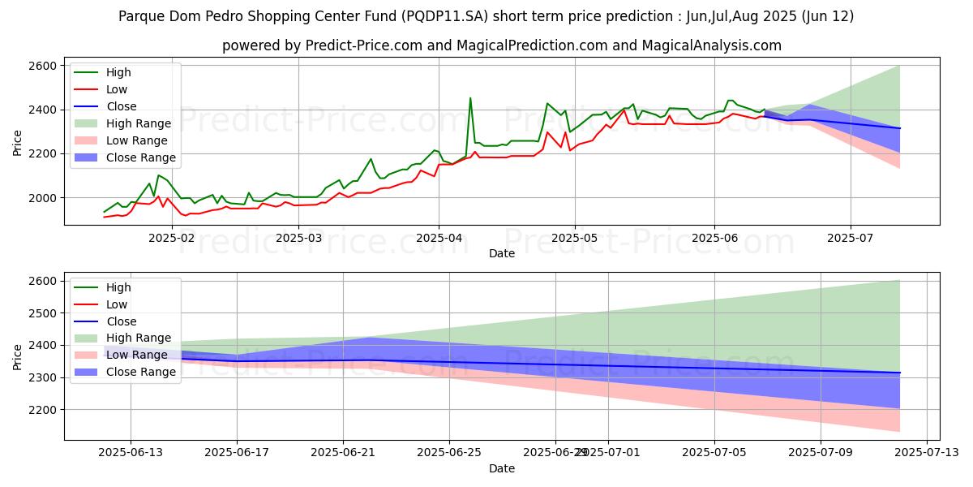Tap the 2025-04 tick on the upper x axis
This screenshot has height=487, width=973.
[438, 238]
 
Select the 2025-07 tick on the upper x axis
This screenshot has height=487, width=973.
[851, 238]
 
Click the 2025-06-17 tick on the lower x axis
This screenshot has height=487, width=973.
[237, 452]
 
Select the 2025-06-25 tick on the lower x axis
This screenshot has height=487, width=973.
[449, 452]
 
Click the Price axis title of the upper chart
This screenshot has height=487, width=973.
[18, 142]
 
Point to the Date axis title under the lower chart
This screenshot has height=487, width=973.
[502, 468]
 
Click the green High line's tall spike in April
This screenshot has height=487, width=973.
[470, 98]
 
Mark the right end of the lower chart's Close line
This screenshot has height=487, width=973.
[900, 373]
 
